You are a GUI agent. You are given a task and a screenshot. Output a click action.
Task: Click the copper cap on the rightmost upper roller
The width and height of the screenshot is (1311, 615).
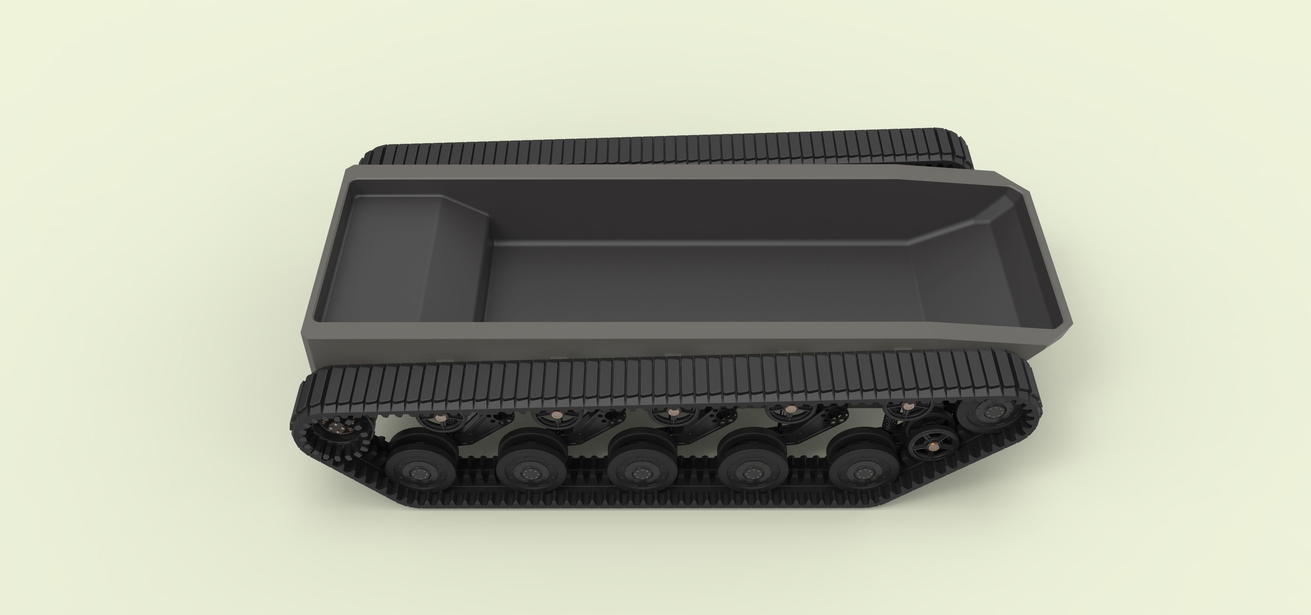click(x=907, y=406)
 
